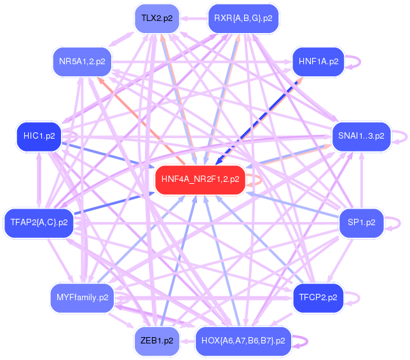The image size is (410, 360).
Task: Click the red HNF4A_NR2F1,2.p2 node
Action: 200,179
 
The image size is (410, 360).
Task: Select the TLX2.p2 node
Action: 157,18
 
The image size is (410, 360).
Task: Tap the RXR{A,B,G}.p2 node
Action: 243,18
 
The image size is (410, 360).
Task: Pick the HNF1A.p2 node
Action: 318,62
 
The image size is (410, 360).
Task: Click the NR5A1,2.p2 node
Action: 82,62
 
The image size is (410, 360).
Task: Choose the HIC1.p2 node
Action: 39,136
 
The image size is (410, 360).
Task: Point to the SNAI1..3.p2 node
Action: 360,136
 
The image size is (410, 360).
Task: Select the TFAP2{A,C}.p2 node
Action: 39,223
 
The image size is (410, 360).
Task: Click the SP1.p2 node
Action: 361,223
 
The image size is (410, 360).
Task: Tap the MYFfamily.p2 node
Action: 82,297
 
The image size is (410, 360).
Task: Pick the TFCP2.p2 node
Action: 318,297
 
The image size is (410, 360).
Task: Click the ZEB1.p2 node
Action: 157,340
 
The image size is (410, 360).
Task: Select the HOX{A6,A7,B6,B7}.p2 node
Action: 243,340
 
